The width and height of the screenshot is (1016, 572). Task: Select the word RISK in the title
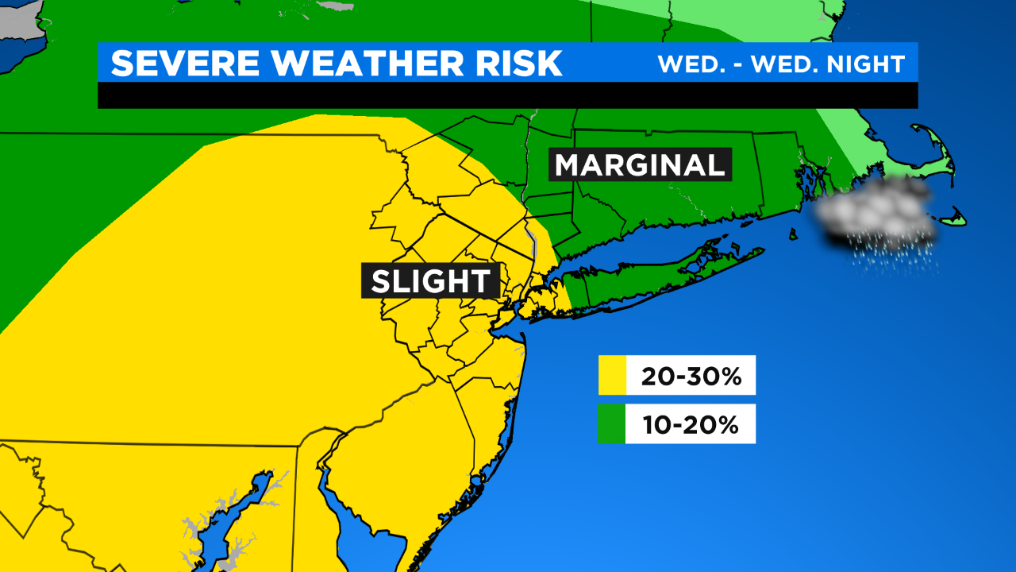tap(522, 64)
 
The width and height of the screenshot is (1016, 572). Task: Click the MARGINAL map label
tap(640, 165)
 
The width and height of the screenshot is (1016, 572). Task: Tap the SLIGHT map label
tap(431, 282)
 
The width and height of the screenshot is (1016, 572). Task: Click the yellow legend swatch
tap(612, 375)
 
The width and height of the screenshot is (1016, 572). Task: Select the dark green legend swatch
tap(612, 424)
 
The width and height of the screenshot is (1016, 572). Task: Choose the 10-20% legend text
tap(691, 424)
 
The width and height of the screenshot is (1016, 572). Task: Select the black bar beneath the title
tap(508, 95)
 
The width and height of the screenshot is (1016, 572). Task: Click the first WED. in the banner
tap(684, 64)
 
